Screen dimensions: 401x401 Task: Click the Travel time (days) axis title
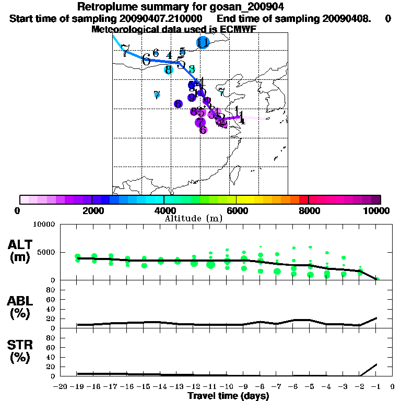pyautogui.click(x=228, y=396)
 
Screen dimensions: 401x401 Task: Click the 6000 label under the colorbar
pyautogui.click(x=237, y=210)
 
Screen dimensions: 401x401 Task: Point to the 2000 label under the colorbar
pyautogui.click(x=92, y=210)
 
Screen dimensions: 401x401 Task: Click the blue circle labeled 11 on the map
pyautogui.click(x=203, y=43)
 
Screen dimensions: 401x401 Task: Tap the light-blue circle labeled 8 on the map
pyautogui.click(x=168, y=69)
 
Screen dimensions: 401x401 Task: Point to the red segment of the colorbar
pyautogui.click(x=303, y=199)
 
